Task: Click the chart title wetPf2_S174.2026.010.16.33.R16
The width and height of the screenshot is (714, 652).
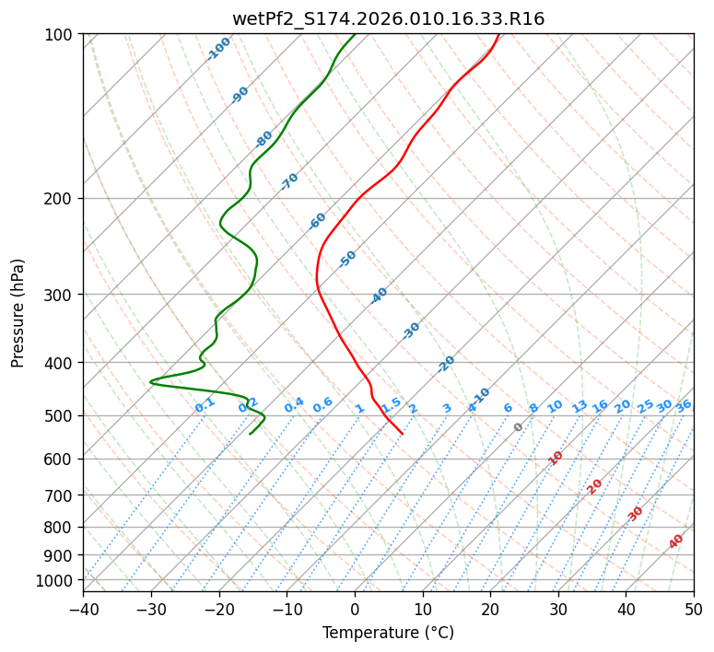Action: (x=388, y=18)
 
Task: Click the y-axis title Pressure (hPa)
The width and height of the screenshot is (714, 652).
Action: (x=18, y=312)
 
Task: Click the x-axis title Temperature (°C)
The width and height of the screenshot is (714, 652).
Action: (x=388, y=634)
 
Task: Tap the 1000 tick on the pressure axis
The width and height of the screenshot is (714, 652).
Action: (x=55, y=580)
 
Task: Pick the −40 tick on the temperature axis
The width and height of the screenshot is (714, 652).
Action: (x=83, y=609)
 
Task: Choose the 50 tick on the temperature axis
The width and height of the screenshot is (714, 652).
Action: (x=694, y=609)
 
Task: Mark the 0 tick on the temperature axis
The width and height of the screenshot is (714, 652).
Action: (x=355, y=609)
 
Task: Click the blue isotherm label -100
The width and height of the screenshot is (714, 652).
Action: (x=218, y=49)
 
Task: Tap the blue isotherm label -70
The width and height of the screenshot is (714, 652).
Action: (x=289, y=181)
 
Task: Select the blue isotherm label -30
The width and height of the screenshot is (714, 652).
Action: (x=411, y=331)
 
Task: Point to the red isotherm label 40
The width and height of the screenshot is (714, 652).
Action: (x=676, y=541)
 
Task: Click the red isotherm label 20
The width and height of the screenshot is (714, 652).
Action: (x=595, y=485)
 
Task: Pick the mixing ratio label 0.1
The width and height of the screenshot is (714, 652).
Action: (x=205, y=404)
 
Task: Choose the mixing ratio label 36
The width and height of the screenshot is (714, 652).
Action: (x=684, y=405)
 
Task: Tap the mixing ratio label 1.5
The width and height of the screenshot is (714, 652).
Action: (x=391, y=404)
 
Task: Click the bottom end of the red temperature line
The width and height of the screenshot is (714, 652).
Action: (x=403, y=434)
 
